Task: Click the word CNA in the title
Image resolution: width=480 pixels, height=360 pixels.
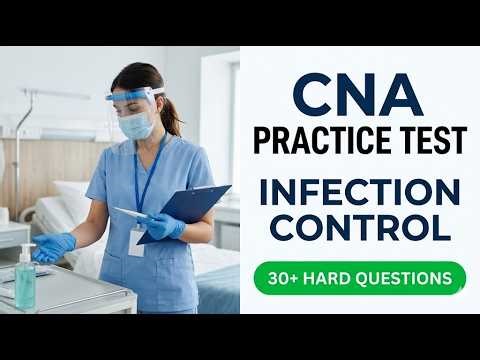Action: (x=358, y=94)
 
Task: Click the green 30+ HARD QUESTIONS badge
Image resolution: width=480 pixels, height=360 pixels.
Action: (x=359, y=277)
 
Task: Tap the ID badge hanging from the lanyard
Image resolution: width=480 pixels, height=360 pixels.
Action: (x=136, y=240)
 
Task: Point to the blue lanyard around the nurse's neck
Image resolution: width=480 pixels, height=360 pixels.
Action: (x=145, y=175)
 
